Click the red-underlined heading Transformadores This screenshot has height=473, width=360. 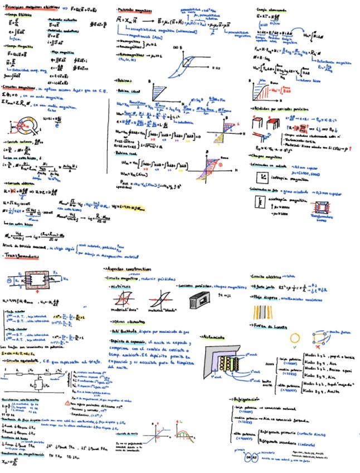pyautogui.click(x=28, y=256)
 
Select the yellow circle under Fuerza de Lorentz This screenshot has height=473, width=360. pyautogui.click(x=295, y=339)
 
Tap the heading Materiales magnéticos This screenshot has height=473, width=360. pyautogui.click(x=136, y=11)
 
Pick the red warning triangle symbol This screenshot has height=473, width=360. pyautogui.click(x=68, y=402)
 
